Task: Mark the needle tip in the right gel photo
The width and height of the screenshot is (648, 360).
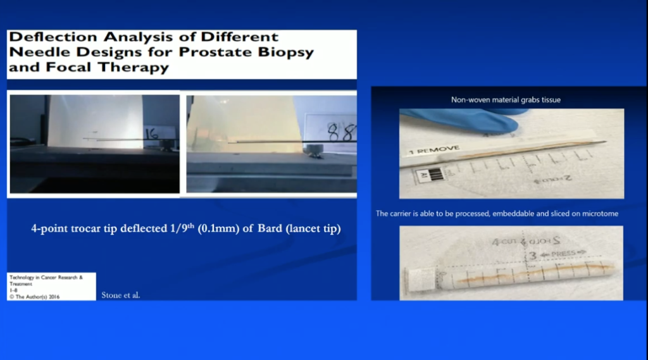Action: (x=229, y=143)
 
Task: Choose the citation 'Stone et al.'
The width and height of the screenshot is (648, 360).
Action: (x=121, y=295)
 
